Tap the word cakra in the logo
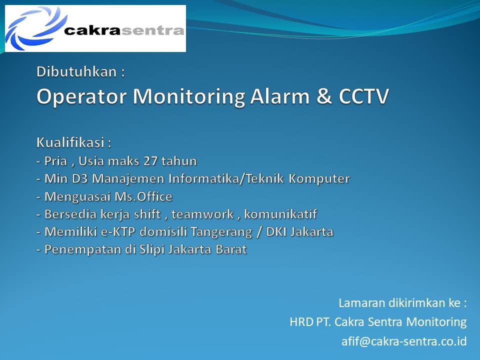click(x=93, y=30)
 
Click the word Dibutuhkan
click(x=76, y=72)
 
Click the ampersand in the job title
click(x=324, y=96)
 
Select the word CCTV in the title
click(x=363, y=96)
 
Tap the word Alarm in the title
click(x=280, y=96)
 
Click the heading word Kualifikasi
click(x=70, y=142)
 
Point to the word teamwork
click(x=202, y=214)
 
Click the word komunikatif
click(x=280, y=214)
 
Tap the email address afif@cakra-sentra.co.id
click(x=404, y=341)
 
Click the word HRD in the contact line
click(x=301, y=322)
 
